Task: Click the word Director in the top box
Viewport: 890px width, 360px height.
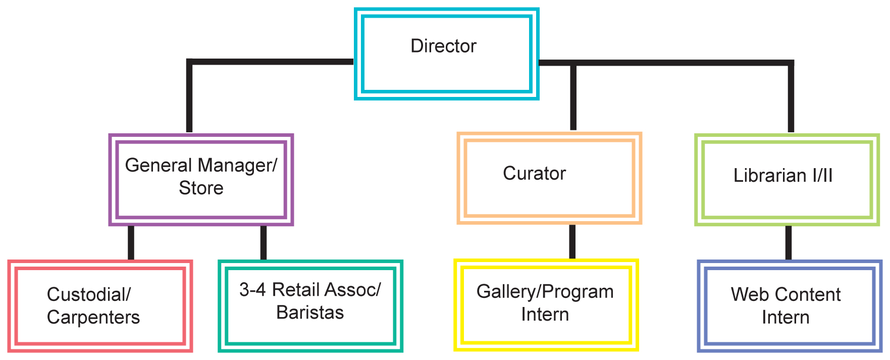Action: coord(443,46)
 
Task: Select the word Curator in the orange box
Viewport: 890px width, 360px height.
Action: coord(534,173)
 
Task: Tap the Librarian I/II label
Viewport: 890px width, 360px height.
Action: coord(782,175)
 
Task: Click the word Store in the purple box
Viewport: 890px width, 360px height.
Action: coord(201,188)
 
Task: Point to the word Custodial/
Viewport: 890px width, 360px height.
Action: coord(89,294)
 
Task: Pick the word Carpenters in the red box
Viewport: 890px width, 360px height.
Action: coord(93,317)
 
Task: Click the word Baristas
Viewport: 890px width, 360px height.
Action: coord(310,313)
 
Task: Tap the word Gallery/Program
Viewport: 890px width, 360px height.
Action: coord(545,292)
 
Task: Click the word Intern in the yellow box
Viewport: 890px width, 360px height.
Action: coord(545,315)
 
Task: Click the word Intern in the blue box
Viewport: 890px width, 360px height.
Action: coord(786,318)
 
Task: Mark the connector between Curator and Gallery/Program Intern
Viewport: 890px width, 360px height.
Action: coord(572,241)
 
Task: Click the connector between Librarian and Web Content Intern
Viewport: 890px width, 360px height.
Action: coord(789,242)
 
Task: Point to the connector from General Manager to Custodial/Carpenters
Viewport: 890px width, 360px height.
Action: coord(131,242)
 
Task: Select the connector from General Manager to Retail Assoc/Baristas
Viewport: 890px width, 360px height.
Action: coord(263,242)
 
